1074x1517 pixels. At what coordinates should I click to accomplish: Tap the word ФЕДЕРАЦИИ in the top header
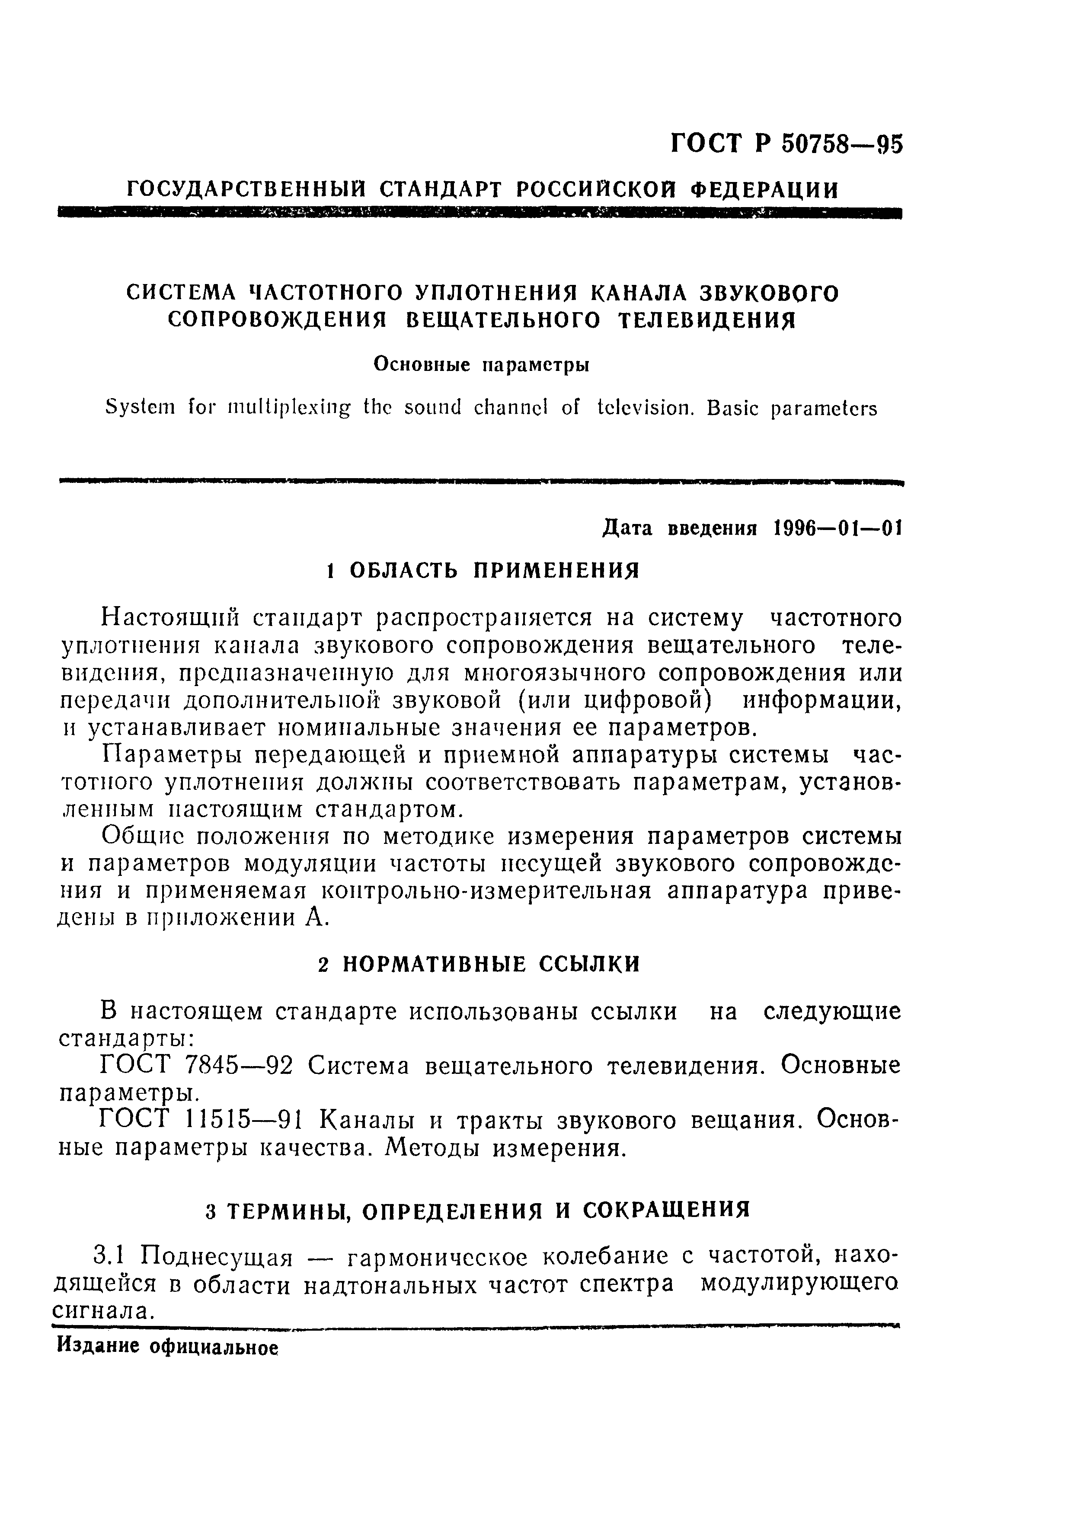(x=764, y=191)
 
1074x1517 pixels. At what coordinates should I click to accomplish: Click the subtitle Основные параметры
(x=481, y=364)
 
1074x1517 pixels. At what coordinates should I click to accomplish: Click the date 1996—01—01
(x=837, y=528)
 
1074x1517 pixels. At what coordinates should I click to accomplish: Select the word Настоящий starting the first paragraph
(x=168, y=618)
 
